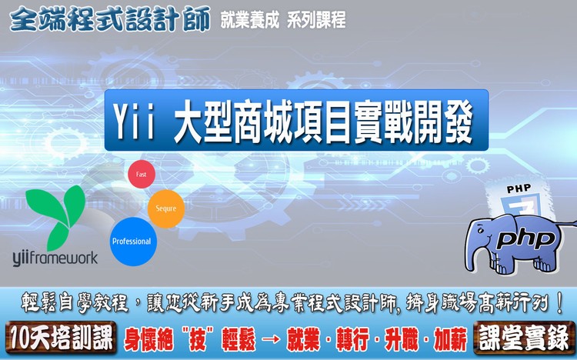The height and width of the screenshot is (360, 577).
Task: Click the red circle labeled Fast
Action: point(142,174)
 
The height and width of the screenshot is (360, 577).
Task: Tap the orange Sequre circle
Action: point(166,208)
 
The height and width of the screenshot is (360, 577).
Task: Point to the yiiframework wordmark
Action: point(55,258)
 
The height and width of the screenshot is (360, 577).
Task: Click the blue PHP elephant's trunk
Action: point(475,254)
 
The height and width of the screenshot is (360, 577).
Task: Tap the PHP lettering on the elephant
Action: point(525,239)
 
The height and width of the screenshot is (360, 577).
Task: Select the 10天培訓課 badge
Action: point(61,338)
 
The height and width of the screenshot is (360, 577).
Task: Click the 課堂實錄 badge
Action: point(525,338)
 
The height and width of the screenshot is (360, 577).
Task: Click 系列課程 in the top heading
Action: point(316,20)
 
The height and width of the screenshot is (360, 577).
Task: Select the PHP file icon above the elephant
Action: point(519,200)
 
